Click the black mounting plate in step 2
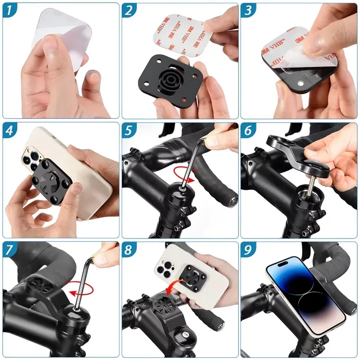171,81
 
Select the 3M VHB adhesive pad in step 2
183,35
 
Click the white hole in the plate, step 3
300,83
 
